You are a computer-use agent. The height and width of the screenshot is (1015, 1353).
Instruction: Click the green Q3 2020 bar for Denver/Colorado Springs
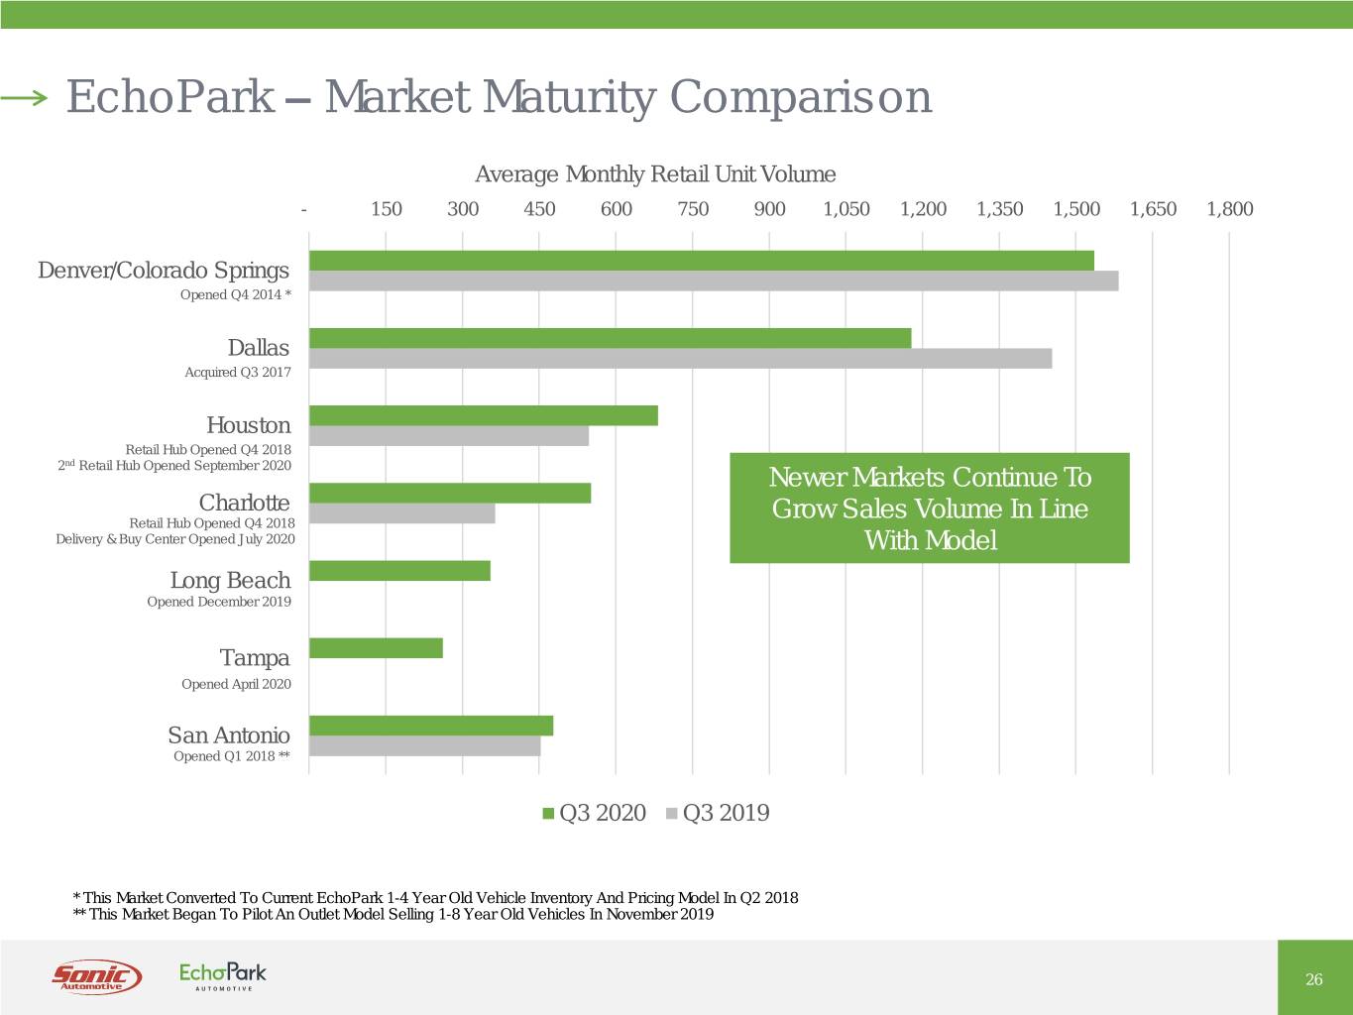[x=702, y=261]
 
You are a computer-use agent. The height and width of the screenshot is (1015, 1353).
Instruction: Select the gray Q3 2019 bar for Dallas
[x=680, y=359]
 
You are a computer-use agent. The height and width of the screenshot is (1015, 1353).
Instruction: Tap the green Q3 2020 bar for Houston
[x=484, y=416]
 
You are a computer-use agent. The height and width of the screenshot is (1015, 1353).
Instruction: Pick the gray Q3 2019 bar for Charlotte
[x=402, y=513]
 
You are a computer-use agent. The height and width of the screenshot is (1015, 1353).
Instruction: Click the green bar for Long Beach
[x=399, y=571]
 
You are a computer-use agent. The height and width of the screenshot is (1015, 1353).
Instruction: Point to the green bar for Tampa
[x=376, y=648]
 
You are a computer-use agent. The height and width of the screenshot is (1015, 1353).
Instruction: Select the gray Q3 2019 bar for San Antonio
[x=425, y=746]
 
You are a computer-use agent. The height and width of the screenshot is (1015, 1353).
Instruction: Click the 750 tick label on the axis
[x=693, y=209]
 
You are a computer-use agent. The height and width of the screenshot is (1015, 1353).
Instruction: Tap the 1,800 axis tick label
[x=1229, y=209]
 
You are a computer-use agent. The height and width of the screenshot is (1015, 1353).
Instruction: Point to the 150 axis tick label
[x=386, y=209]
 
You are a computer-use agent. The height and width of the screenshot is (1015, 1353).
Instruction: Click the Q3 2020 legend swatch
[x=548, y=814]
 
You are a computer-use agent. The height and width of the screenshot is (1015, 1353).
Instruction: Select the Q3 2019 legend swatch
[x=672, y=814]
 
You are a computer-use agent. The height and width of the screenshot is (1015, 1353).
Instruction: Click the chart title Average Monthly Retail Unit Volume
[x=655, y=175]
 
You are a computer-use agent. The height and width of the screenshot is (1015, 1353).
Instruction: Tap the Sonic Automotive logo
[x=96, y=976]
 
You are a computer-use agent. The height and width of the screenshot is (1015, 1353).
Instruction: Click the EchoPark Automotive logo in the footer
[x=223, y=975]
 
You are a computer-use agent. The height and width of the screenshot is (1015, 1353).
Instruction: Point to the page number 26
[x=1314, y=979]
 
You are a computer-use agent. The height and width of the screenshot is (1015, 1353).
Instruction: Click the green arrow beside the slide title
[x=24, y=97]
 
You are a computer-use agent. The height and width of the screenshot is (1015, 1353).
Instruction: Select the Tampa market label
[x=255, y=658]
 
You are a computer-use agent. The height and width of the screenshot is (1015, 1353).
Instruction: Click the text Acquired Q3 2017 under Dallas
[x=238, y=373]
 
